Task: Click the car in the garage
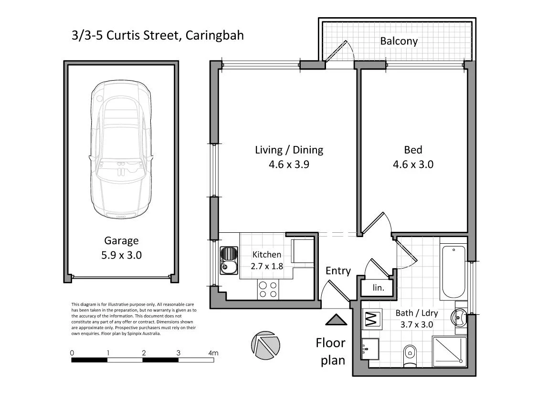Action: click(x=122, y=151)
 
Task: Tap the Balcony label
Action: click(x=399, y=41)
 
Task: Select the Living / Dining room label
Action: click(x=289, y=150)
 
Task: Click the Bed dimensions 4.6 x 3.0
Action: click(x=413, y=165)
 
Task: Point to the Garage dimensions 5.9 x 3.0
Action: click(x=122, y=255)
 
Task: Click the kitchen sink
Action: click(x=229, y=261)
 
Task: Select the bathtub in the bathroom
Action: click(x=453, y=271)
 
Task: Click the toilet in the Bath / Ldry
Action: click(x=410, y=356)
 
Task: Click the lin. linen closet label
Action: click(x=378, y=288)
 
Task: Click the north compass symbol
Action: click(x=265, y=344)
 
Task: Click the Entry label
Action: click(x=338, y=271)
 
